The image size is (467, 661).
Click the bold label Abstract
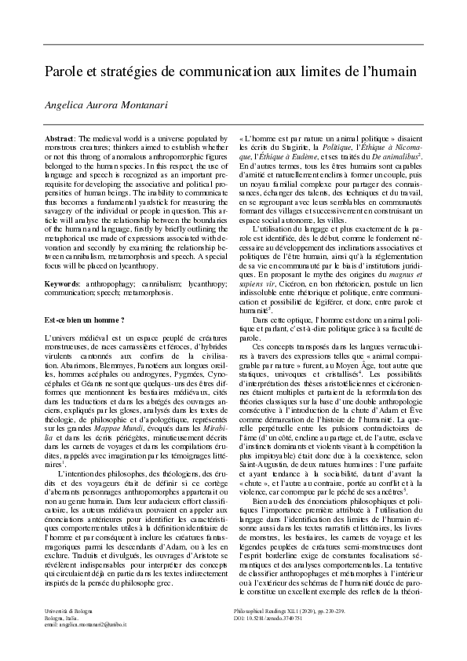coord(60,137)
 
